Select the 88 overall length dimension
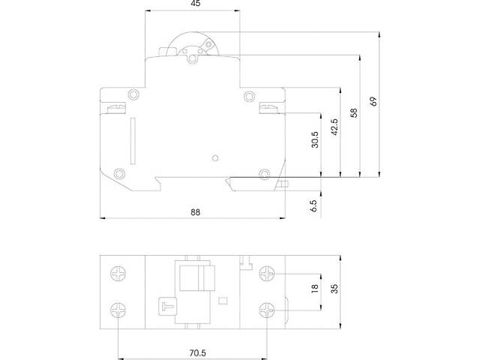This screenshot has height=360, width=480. [x=195, y=212]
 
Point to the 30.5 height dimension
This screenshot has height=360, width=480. [x=315, y=140]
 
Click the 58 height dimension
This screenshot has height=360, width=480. [x=354, y=114]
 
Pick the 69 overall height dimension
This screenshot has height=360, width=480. [x=373, y=100]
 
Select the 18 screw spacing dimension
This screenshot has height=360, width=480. [x=315, y=289]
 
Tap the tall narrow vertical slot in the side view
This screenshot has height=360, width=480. [x=132, y=140]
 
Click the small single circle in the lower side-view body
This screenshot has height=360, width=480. [x=215, y=158]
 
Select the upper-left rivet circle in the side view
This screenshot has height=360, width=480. [x=133, y=94]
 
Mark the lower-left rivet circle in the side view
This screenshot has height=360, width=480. [x=118, y=173]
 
